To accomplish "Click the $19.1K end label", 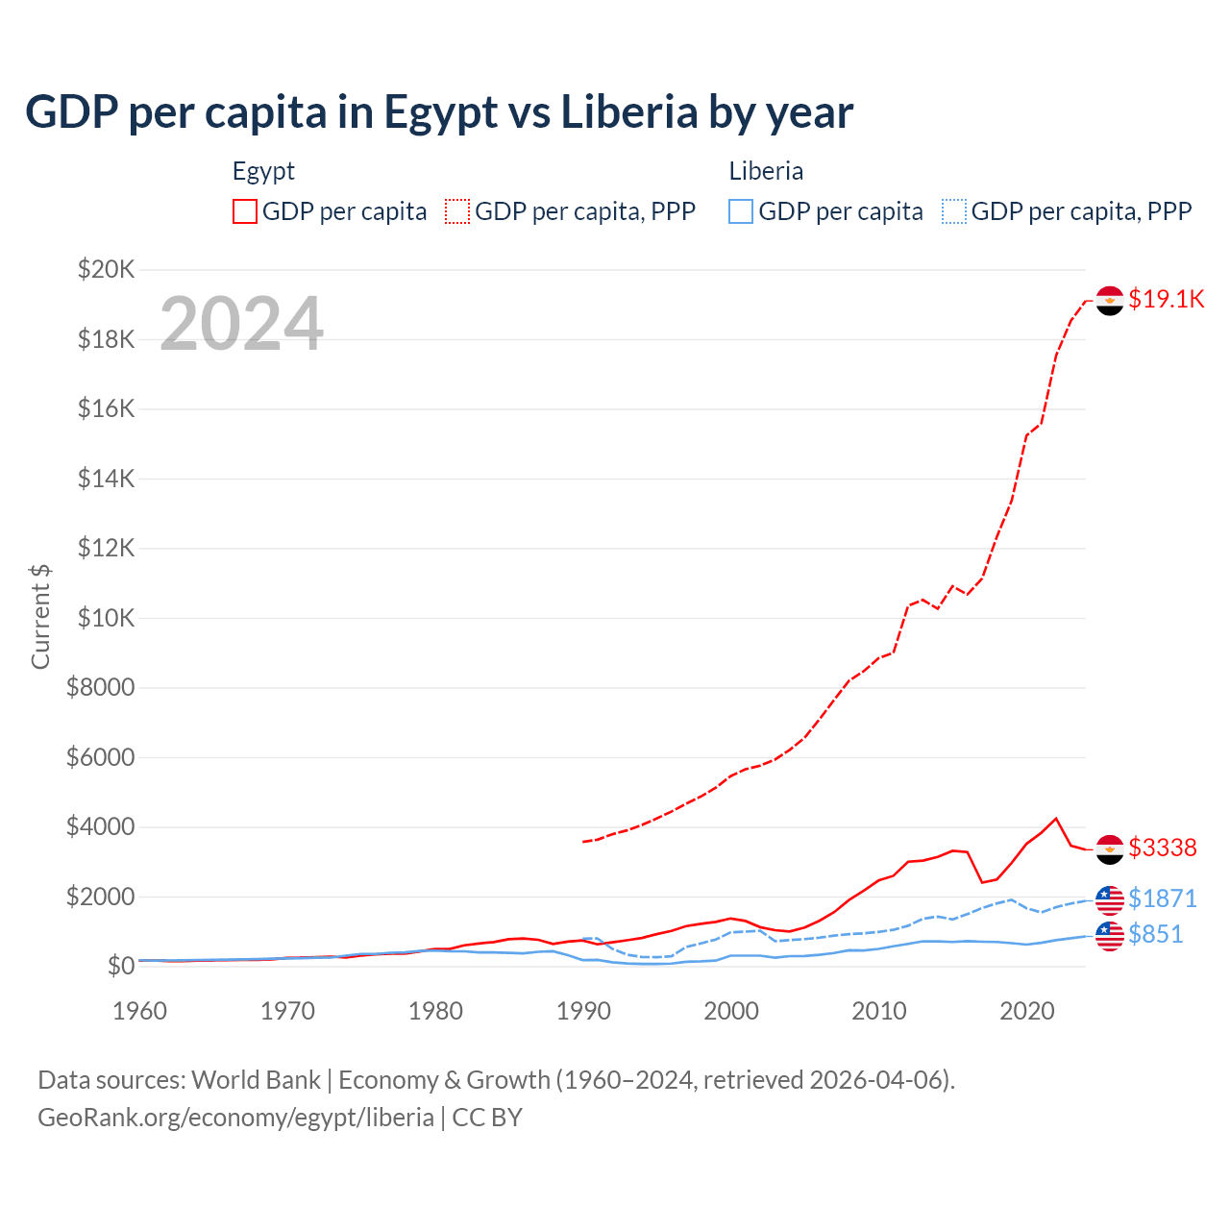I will [1166, 299].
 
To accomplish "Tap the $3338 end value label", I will [1162, 848].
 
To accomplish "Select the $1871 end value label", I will [1162, 898].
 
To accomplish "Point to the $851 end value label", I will [1155, 934].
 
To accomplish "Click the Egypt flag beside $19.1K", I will [1110, 301].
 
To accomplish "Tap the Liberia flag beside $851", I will [1110, 935].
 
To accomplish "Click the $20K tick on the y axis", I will [106, 269].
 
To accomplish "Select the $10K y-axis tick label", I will [106, 618].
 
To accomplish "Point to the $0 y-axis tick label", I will [120, 966].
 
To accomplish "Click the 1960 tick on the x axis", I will [140, 1011].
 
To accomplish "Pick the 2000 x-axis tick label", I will [731, 1011].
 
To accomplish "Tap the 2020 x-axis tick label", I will [1027, 1011].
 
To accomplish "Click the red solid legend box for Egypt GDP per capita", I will [245, 211].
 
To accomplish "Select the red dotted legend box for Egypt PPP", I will [457, 211].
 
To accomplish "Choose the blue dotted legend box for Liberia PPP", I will [954, 211].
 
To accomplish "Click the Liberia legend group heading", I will [766, 171].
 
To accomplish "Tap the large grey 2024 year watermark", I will [241, 324].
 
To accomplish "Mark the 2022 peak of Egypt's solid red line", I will [1056, 819].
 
